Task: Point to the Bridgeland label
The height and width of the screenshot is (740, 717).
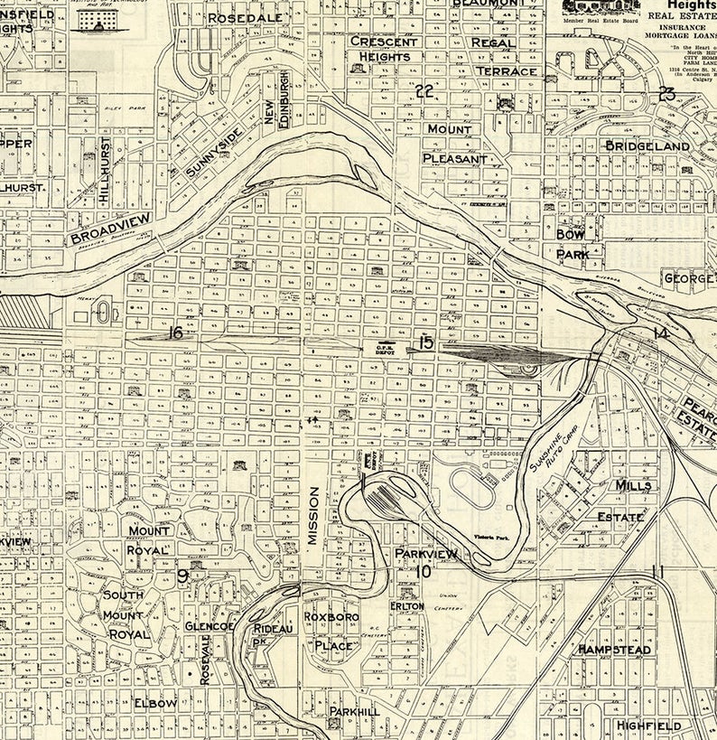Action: [x=647, y=145]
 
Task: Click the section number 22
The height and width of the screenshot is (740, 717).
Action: [x=425, y=90]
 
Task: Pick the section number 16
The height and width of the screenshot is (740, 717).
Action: [x=175, y=333]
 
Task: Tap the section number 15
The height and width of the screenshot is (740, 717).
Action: [x=425, y=343]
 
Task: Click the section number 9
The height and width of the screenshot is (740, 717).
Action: [x=182, y=576]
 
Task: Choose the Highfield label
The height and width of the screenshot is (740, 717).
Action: [x=648, y=725]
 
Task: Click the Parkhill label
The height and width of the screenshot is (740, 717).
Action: [x=353, y=712]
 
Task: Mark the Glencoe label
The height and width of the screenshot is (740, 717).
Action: [x=210, y=626]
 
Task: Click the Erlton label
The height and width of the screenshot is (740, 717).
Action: [x=406, y=606]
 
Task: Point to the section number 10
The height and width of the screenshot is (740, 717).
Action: [x=425, y=571]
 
